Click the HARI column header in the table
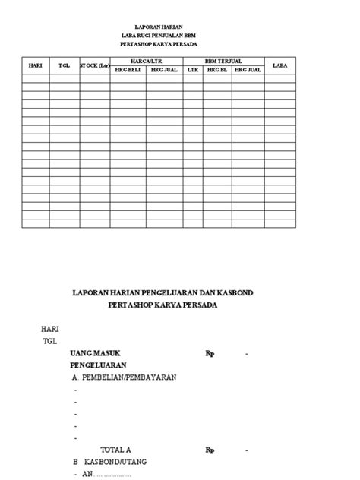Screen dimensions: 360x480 click(35, 65)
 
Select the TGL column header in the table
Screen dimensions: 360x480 click(64, 65)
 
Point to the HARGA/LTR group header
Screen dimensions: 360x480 click(146, 59)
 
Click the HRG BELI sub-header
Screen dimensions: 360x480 click(128, 69)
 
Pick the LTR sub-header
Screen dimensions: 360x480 click(192, 69)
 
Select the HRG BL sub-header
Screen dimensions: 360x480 click(217, 69)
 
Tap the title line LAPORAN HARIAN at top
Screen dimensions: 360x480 click(159, 26)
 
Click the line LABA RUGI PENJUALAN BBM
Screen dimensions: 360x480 click(159, 35)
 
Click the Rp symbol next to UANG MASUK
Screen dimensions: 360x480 click(210, 354)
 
